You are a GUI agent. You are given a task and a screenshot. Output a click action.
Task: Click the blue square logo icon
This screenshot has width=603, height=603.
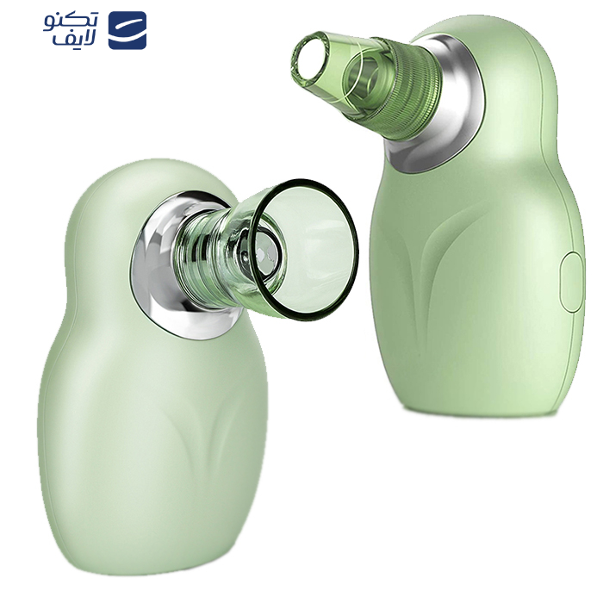[x=127, y=30]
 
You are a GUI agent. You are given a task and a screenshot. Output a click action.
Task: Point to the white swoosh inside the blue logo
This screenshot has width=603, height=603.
[x=127, y=29]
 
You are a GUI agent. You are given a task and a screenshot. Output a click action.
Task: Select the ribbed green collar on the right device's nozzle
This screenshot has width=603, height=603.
[x=408, y=90]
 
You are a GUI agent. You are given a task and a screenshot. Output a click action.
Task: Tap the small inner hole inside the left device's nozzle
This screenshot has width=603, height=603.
[x=266, y=252]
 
